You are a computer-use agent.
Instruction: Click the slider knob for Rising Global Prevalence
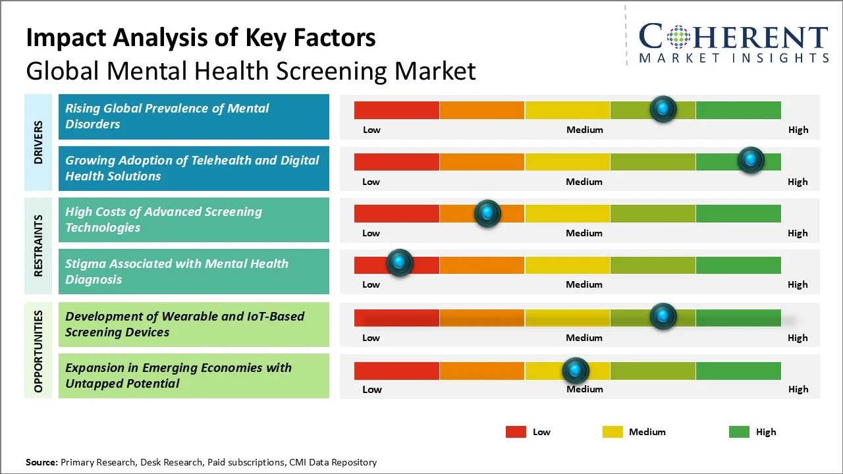[663, 109]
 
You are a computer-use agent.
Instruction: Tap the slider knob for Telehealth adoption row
[751, 160]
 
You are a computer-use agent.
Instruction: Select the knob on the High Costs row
[487, 213]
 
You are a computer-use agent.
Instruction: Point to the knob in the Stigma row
[399, 263]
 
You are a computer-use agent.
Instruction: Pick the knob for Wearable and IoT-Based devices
[663, 317]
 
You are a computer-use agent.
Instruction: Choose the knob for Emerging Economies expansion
[576, 371]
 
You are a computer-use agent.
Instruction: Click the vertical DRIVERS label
[38, 142]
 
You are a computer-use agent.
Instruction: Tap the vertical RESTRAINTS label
[38, 246]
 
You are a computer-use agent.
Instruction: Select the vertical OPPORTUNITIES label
[38, 351]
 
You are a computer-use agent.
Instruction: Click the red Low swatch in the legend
[516, 432]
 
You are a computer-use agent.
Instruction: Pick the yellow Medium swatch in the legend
[612, 432]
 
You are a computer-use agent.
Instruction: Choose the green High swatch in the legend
[739, 432]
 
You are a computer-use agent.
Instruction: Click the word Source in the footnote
[41, 462]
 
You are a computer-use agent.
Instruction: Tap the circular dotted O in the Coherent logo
[677, 37]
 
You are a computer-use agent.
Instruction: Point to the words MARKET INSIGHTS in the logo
[734, 58]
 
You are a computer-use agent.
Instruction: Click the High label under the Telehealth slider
[798, 182]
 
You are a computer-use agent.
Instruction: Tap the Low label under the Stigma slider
[371, 284]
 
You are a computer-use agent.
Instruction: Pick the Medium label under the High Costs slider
[584, 233]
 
